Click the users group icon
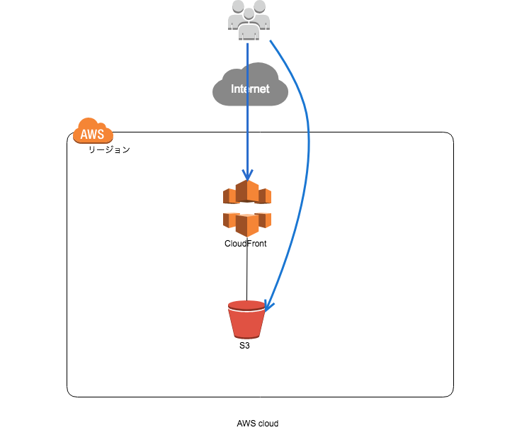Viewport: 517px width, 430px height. pos(248,18)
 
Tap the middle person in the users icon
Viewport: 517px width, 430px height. pos(248,21)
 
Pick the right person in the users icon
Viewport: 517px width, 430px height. pos(259,16)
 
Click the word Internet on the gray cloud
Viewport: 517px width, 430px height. pos(250,89)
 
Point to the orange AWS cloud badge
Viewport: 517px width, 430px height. pos(93,132)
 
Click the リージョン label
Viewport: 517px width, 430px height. pos(108,150)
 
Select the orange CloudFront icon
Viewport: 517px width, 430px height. pos(247,208)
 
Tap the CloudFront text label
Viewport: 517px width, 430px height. pos(245,243)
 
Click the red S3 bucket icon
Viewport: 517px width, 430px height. pos(246,319)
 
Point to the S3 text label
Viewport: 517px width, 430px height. pos(244,346)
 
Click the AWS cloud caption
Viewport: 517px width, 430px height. pos(257,423)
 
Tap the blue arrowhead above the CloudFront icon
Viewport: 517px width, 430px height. pos(247,176)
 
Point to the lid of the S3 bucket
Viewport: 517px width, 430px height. pos(246,305)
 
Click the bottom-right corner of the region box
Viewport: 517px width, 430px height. pos(451,395)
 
